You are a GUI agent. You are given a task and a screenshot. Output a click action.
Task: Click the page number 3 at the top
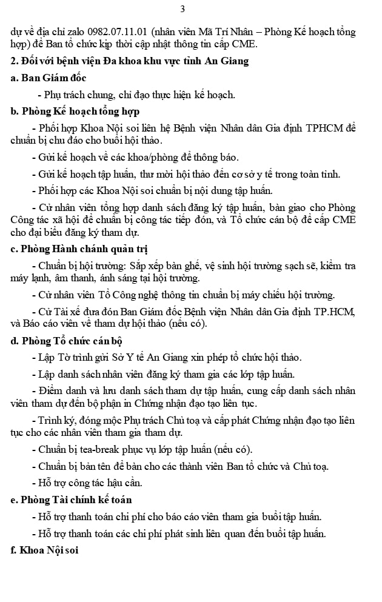pos(183,8)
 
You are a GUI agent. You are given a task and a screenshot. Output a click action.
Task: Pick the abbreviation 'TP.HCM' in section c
pos(336,312)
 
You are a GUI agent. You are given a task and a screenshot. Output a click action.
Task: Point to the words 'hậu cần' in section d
pos(124,483)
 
